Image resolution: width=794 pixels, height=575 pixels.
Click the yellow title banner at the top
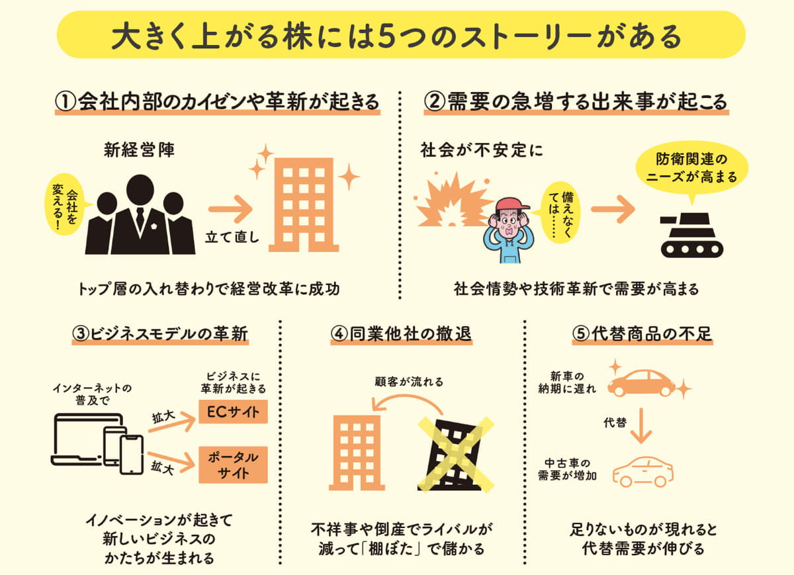tap(401, 34)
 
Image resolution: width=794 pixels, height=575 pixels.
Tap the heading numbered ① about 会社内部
tap(217, 102)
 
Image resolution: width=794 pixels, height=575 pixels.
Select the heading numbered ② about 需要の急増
tap(576, 102)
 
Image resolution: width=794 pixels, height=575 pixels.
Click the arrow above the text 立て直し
tap(230, 209)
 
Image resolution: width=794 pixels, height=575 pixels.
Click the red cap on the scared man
tap(511, 204)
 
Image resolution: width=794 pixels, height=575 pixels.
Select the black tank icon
tap(691, 235)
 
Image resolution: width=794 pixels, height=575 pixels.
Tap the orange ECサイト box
tap(233, 412)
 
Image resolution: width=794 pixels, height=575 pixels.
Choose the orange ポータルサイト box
tap(233, 464)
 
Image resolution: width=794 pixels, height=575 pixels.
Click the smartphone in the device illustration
tap(132, 455)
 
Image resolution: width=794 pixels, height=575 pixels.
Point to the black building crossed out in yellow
tap(455, 455)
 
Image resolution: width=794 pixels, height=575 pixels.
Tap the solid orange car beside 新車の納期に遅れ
tap(641, 383)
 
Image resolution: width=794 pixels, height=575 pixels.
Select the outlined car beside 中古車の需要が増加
tap(643, 472)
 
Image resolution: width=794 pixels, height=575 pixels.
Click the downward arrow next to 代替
tap(642, 425)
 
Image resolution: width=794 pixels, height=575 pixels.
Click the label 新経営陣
tap(140, 150)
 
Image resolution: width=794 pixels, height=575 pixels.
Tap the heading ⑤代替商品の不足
tap(642, 333)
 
